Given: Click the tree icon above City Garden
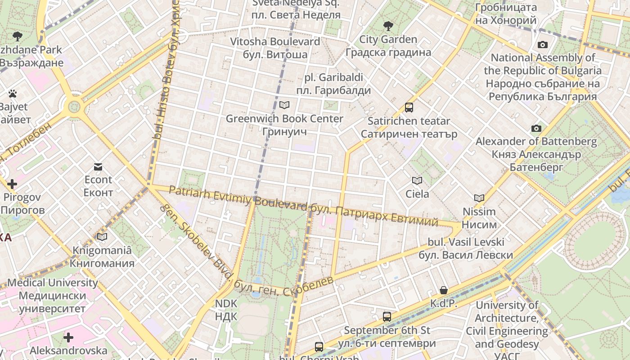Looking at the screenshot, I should pyautogui.click(x=388, y=26).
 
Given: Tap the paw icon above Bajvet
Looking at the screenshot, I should pyautogui.click(x=13, y=94).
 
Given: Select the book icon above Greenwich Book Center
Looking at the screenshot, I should pyautogui.click(x=284, y=105).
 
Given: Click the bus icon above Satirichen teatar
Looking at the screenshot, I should pyautogui.click(x=409, y=108).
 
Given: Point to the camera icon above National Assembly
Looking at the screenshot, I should pyautogui.click(x=543, y=45).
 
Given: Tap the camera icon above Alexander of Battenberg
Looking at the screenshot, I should pyautogui.click(x=536, y=128).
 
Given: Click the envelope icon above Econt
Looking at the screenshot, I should pyautogui.click(x=98, y=167).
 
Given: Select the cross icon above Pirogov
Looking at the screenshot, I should pyautogui.click(x=12, y=184).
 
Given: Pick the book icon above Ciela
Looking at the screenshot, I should pyautogui.click(x=417, y=181).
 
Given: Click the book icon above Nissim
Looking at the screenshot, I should pyautogui.click(x=479, y=198).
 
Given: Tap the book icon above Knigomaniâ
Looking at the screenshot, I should pyautogui.click(x=102, y=237).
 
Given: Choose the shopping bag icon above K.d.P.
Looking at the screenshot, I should pyautogui.click(x=444, y=290).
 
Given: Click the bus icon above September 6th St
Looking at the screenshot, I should pyautogui.click(x=387, y=317).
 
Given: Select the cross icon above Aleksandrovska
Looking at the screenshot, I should pyautogui.click(x=68, y=337).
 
